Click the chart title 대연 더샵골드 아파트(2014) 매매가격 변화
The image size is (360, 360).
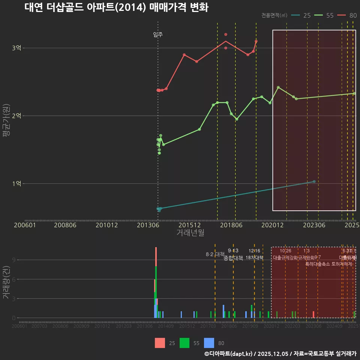pyautogui.click(x=116, y=7)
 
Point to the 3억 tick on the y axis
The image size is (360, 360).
pyautogui.click(x=16, y=48)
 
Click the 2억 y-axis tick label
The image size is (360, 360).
pyautogui.click(x=16, y=115)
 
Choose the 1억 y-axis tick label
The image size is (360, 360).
pyautogui.click(x=16, y=183)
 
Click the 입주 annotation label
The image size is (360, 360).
pyautogui.click(x=158, y=34)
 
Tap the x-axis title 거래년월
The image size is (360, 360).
pyautogui.click(x=190, y=232)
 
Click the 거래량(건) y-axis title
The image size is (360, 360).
pyautogui.click(x=6, y=282)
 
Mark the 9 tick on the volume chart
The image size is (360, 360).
pyautogui.click(x=13, y=260)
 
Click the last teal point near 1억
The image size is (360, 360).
pyautogui.click(x=314, y=181)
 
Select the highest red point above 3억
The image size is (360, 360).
pyautogui.click(x=226, y=34)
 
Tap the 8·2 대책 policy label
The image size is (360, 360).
pyautogui.click(x=215, y=254)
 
